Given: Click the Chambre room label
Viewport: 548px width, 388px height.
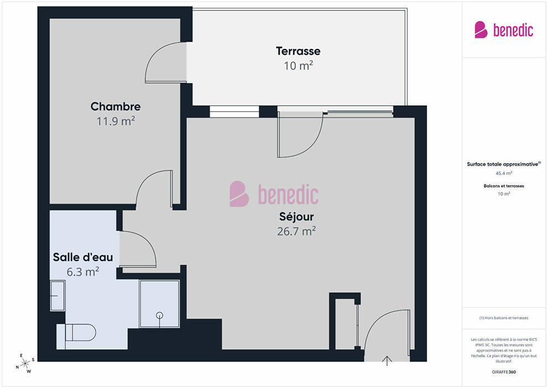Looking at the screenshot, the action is tap(116, 106).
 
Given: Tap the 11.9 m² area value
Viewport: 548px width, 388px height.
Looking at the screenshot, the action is tap(116, 121).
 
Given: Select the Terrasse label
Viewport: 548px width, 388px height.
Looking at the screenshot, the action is tap(298, 51).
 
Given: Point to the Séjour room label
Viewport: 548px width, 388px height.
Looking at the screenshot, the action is tap(296, 217).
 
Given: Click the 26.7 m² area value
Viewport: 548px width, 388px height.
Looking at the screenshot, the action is tap(296, 231).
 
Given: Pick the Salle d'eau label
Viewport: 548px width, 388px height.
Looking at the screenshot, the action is tap(83, 257).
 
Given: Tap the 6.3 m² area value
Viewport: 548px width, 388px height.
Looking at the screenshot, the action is tap(83, 272).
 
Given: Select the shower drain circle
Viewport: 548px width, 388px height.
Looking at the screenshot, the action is tap(160, 315).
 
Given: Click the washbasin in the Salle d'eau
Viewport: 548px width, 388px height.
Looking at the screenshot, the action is tap(58, 295).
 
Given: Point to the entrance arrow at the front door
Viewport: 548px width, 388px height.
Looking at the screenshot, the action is tap(387, 361).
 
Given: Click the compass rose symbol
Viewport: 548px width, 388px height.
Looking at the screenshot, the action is tap(25, 364).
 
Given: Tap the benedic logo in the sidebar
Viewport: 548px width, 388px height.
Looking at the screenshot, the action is tap(504, 30).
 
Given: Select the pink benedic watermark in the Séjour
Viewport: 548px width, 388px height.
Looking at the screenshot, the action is tap(274, 194).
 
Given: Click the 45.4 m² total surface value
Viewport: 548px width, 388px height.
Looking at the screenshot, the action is tap(504, 173).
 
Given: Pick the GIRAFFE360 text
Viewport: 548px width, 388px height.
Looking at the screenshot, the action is tap(504, 372).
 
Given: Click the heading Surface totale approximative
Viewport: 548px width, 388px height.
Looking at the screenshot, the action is tap(504, 164).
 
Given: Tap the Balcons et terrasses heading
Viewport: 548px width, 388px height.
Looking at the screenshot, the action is tap(504, 186).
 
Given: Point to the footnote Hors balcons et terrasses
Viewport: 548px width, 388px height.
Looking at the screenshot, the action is tap(504, 318).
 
